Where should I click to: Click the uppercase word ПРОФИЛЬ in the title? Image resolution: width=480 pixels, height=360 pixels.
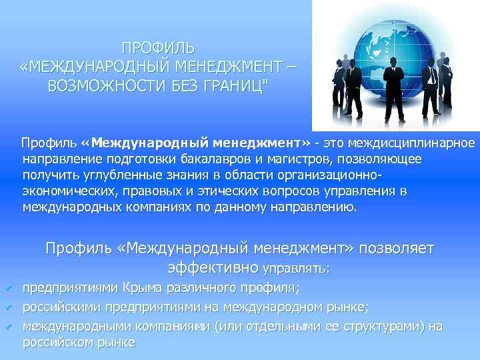pyautogui.click(x=159, y=48)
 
